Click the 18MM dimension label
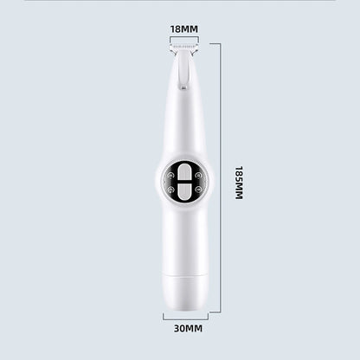(x=184, y=29)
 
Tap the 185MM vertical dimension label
(x=239, y=183)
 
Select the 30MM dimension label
(x=188, y=329)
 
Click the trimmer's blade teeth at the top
(x=184, y=46)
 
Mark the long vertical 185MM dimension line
(x=221, y=178)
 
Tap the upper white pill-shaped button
(x=184, y=171)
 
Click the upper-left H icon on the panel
(x=171, y=175)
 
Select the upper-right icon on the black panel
(x=198, y=175)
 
